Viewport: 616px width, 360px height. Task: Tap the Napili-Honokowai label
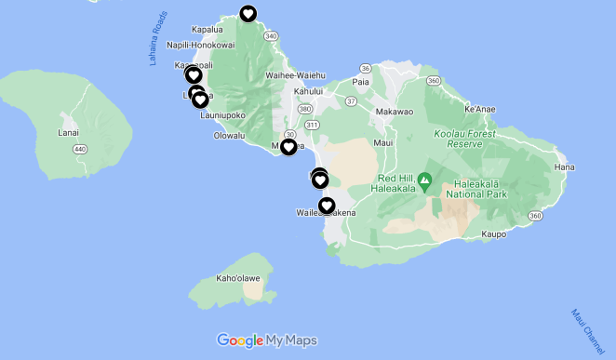click(201, 46)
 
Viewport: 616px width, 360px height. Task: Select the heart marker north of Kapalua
click(248, 13)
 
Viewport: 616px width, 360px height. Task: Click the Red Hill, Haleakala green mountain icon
click(425, 179)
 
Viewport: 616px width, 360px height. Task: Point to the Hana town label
click(565, 167)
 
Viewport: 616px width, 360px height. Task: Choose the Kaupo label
click(493, 236)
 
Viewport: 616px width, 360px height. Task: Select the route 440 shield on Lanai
click(80, 149)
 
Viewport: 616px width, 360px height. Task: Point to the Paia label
click(360, 82)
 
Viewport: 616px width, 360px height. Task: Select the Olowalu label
click(229, 136)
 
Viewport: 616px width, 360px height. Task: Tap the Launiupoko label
click(222, 115)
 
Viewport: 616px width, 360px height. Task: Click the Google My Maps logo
click(267, 340)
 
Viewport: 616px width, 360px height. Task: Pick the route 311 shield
click(312, 124)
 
